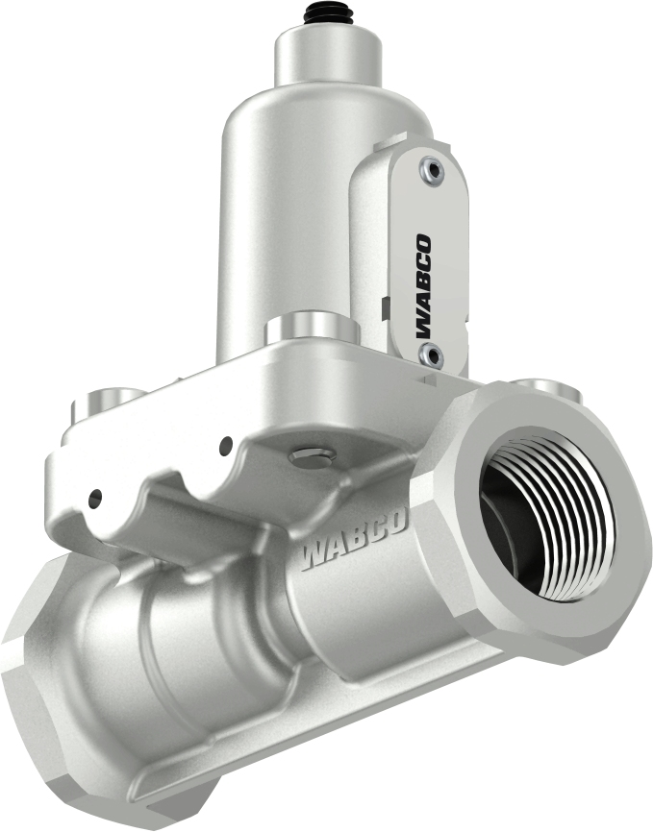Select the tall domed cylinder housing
[279, 221]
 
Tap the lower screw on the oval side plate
[430, 356]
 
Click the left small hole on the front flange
[94, 498]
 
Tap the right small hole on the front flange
[226, 445]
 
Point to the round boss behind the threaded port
[547, 389]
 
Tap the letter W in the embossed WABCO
[315, 556]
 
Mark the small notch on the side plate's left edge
[383, 306]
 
